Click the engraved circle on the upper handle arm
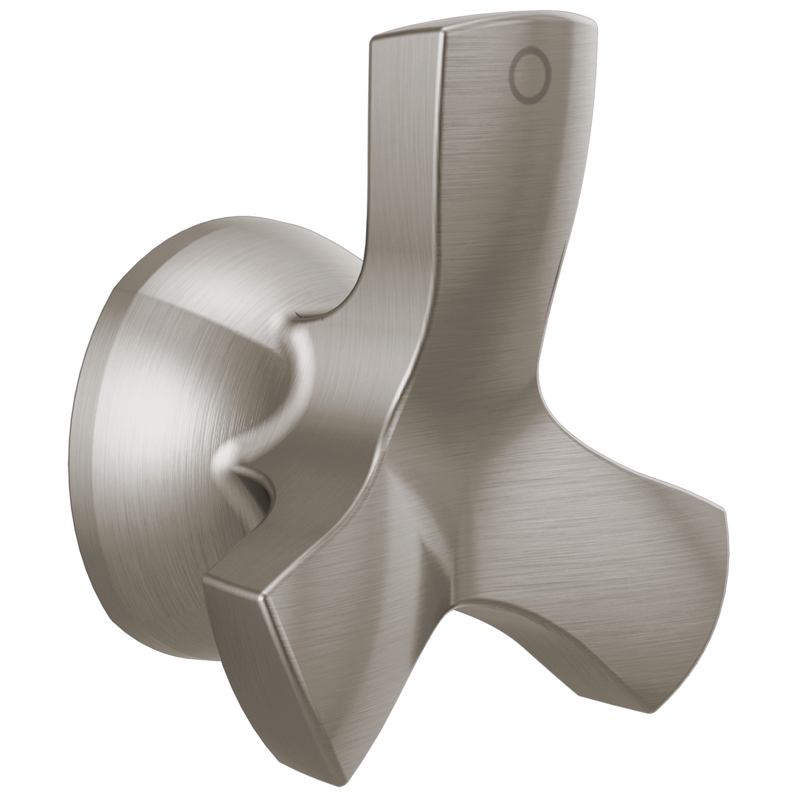[x=530, y=75]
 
